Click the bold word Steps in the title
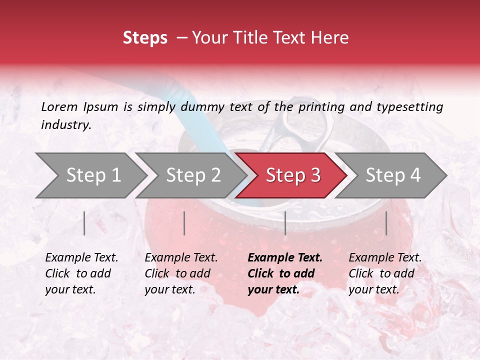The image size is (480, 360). point(145,38)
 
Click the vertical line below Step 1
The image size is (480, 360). point(84,223)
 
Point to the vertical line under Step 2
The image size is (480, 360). point(184,223)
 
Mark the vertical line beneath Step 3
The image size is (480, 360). point(285,223)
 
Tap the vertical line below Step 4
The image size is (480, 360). point(386,223)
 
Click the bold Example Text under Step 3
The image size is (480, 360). point(285,258)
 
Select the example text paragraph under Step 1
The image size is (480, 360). point(81,273)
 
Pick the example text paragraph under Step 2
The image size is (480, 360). point(181,273)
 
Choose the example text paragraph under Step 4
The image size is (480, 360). point(385,273)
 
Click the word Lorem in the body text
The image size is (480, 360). point(59,106)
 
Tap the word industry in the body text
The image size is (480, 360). point(65,125)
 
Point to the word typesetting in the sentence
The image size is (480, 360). point(409,106)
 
